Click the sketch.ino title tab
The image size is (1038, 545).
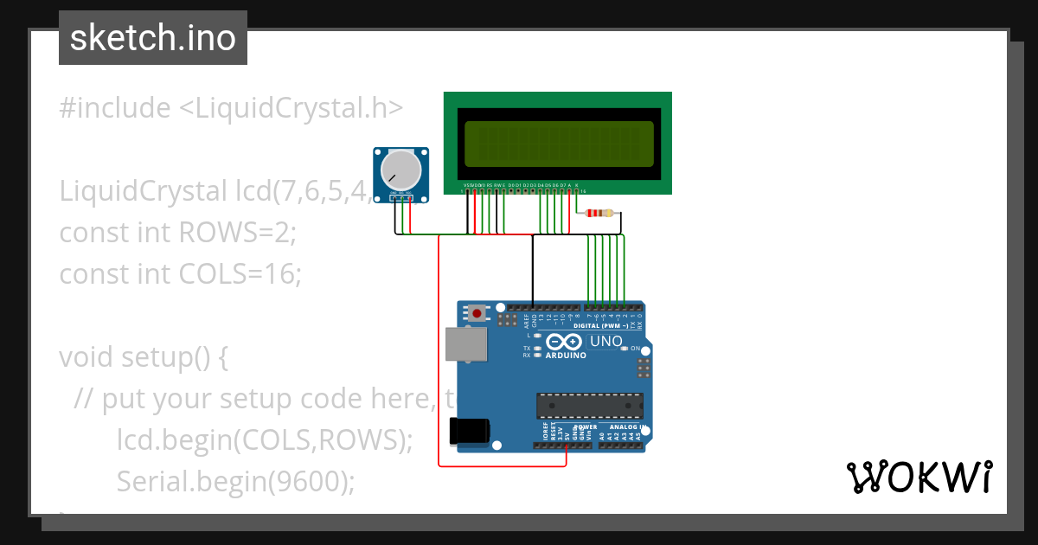[153, 38]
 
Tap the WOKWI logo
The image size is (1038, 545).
[919, 477]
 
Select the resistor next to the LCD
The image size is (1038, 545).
[599, 214]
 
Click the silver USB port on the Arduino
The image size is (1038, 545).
[465, 343]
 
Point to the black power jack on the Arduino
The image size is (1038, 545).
[471, 431]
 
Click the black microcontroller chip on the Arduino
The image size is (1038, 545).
[590, 404]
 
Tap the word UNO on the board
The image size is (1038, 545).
[605, 342]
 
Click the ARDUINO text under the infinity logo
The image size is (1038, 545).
[566, 355]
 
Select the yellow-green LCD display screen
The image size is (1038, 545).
[558, 144]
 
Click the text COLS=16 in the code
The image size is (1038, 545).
[240, 274]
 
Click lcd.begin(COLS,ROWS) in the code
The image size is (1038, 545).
[264, 439]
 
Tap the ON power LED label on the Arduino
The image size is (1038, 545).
[636, 349]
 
